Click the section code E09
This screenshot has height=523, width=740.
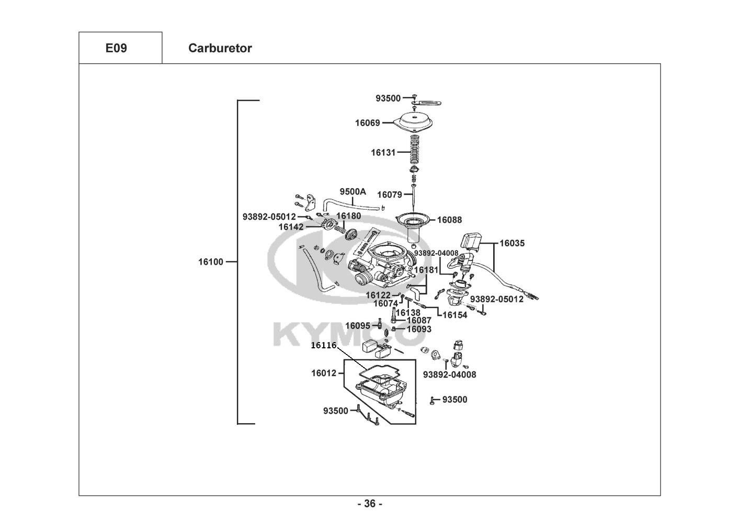[116, 48]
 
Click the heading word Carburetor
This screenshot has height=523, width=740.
[220, 48]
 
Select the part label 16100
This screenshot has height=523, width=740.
[211, 261]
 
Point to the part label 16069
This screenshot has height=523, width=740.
[367, 123]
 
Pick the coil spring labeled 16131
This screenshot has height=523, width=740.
[415, 150]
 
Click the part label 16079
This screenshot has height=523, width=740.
[390, 195]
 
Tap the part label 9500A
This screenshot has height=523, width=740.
[353, 191]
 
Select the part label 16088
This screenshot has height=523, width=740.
[449, 220]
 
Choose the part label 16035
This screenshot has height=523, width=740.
[511, 243]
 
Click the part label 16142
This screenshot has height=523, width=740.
[291, 227]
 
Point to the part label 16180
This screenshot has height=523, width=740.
[348, 216]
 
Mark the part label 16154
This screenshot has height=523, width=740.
[455, 315]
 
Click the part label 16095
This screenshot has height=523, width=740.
[358, 326]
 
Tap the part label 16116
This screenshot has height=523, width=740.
[323, 345]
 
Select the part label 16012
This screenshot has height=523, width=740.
[323, 373]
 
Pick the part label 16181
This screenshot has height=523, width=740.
[426, 270]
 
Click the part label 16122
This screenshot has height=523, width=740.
[378, 295]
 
